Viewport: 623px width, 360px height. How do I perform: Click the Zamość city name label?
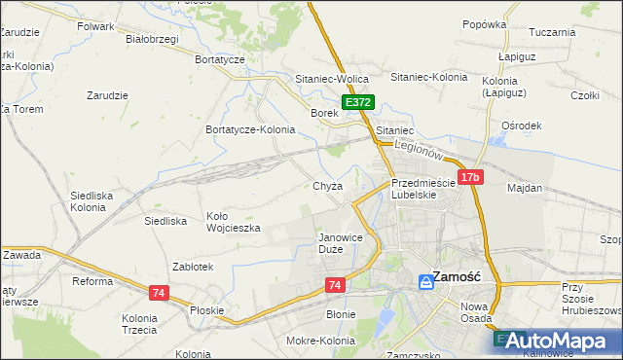pyautogui.click(x=458, y=276)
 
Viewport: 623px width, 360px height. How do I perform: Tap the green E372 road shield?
pyautogui.click(x=357, y=102)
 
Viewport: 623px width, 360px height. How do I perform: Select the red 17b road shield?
pyautogui.click(x=470, y=177)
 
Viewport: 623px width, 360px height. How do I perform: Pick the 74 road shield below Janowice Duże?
pyautogui.click(x=335, y=284)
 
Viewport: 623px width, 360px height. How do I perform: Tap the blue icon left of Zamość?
pyautogui.click(x=425, y=281)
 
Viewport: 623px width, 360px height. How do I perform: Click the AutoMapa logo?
pyautogui.click(x=556, y=341)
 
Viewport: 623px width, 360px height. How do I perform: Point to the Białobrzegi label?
pyautogui.click(x=152, y=40)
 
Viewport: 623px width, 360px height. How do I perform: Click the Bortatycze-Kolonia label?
pyautogui.click(x=249, y=129)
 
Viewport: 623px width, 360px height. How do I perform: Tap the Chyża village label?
pyautogui.click(x=327, y=186)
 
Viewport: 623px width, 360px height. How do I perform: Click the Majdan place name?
pyautogui.click(x=525, y=187)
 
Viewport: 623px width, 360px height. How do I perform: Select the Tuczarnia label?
pyautogui.click(x=553, y=32)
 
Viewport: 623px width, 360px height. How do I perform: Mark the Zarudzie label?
pyautogui.click(x=108, y=95)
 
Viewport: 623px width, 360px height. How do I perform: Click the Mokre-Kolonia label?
pyautogui.click(x=319, y=341)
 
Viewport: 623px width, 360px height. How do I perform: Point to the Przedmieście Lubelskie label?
pyautogui.click(x=422, y=189)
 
